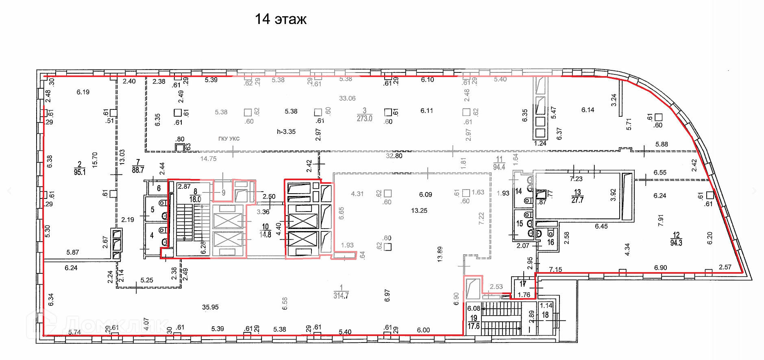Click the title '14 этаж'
coord(281,19)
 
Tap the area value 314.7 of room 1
coord(341,296)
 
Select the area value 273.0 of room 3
coord(364,119)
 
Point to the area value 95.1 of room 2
coord(80,172)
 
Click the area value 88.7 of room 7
coord(138,170)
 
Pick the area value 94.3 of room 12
coord(676,243)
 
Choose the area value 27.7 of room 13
coord(577,200)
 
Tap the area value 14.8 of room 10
coord(265,235)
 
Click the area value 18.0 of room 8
coord(195,199)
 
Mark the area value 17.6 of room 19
coord(474,326)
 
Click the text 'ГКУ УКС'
coord(229,139)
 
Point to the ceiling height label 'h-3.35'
coord(286,132)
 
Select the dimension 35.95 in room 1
coord(210,307)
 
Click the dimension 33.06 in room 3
coord(347,98)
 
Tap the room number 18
coord(545,315)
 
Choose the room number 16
coord(551,242)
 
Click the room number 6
coord(159,188)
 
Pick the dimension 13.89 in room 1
coord(440,254)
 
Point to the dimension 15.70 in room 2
coord(95,160)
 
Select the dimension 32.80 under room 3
coord(394,156)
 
